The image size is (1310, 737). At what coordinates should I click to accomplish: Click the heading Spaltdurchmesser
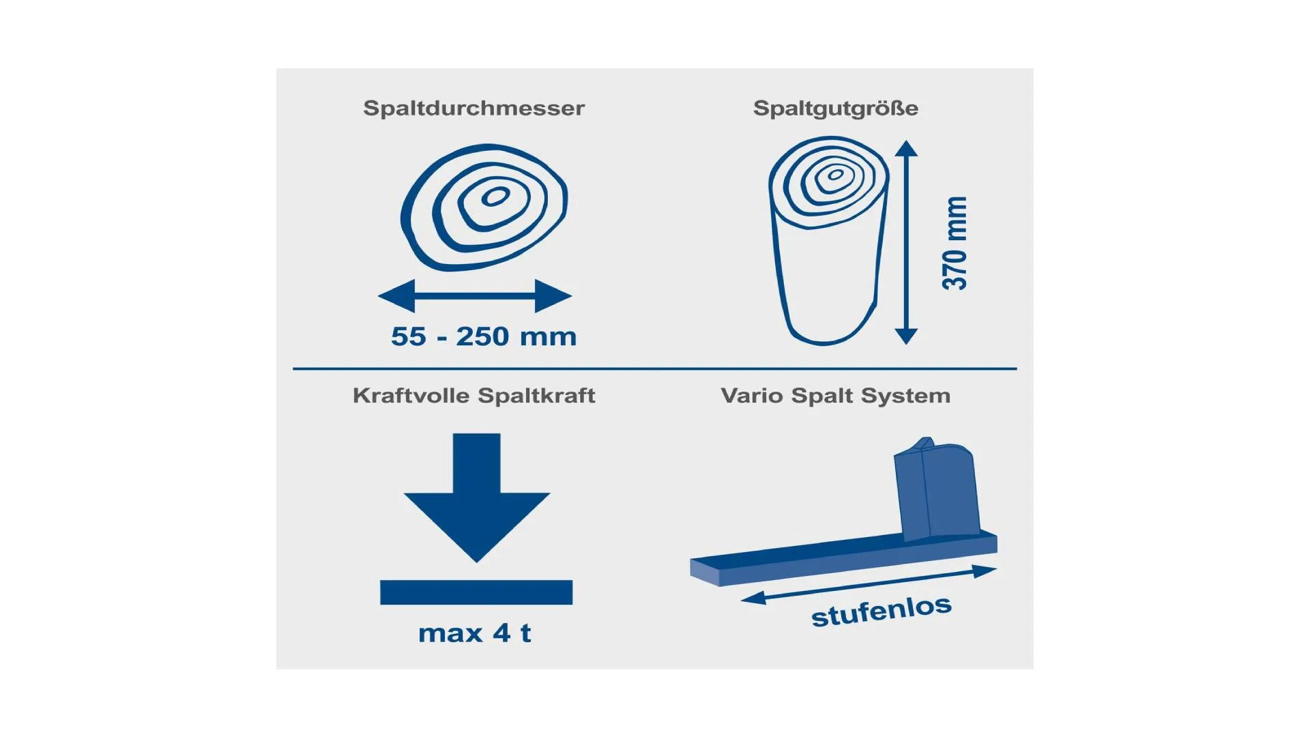point(474,108)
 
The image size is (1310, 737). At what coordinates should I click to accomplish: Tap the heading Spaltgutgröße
point(836,108)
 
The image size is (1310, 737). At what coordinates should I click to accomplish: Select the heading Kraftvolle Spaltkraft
point(474,396)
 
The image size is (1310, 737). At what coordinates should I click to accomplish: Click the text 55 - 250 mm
point(484,336)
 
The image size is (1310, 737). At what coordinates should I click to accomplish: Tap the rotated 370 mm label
point(955,243)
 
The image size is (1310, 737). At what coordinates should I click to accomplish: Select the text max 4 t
point(474,633)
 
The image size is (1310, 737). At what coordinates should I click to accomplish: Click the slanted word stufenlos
point(881,611)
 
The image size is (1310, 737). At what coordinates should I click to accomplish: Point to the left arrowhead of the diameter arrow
point(396,296)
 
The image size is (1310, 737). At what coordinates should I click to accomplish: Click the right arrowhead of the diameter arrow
point(553,296)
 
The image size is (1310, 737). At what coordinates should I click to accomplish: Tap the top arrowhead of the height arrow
point(906,148)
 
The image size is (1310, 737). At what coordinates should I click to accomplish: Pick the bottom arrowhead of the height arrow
point(906,336)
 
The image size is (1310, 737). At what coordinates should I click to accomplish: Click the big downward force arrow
point(477,497)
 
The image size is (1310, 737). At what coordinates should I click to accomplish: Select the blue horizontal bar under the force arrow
point(476,592)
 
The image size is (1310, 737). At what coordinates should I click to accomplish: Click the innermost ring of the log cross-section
point(495,197)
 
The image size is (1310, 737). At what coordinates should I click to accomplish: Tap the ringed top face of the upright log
point(829,181)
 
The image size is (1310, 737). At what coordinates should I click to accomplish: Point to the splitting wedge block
point(937,489)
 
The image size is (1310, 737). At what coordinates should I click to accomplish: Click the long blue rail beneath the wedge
point(843,558)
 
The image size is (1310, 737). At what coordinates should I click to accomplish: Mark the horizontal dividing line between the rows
point(655,369)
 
